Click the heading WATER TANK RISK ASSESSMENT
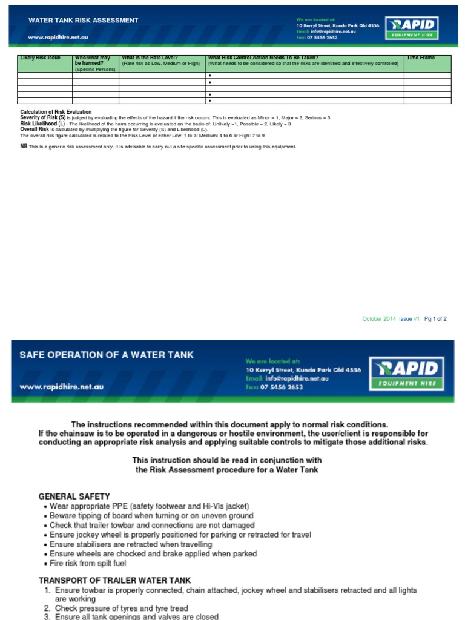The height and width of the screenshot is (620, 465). click(x=84, y=20)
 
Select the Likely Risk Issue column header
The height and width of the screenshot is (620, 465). click(x=41, y=58)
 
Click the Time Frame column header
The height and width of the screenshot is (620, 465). click(x=421, y=58)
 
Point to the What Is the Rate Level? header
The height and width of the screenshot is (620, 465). click(x=150, y=58)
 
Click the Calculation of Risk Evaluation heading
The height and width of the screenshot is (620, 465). click(x=56, y=112)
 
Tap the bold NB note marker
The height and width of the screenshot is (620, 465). click(x=24, y=147)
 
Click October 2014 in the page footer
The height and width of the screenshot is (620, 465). click(x=378, y=319)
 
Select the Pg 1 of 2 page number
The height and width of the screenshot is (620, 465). click(x=435, y=319)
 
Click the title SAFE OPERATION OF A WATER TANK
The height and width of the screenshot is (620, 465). click(x=107, y=355)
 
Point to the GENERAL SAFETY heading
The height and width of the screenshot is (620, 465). click(x=74, y=496)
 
